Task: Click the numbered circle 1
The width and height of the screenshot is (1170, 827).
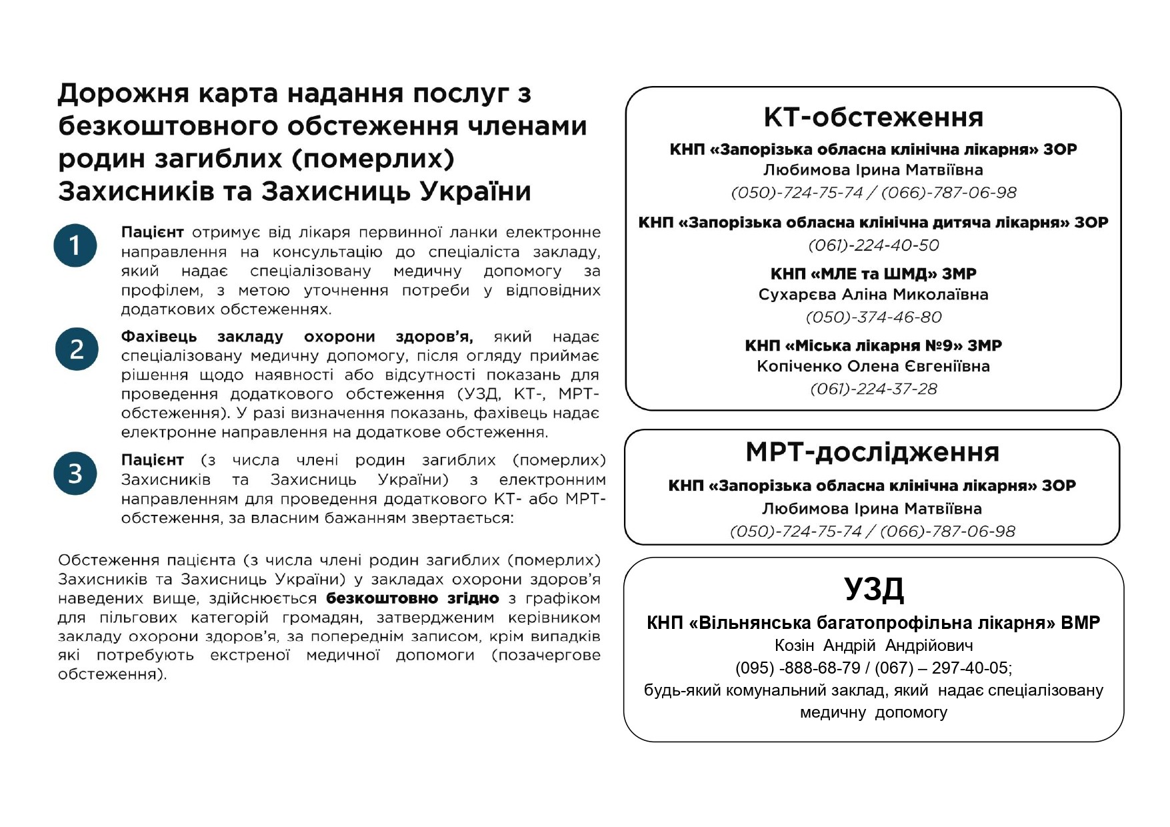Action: pos(75,245)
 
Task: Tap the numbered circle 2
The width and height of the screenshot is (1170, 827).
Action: pos(77,349)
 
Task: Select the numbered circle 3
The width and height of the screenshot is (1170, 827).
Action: pos(75,474)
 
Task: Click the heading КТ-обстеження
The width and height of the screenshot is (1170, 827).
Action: pos(873,117)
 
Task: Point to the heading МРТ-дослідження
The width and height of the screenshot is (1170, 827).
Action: pos(873,452)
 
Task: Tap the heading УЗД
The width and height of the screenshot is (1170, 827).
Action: pos(873,589)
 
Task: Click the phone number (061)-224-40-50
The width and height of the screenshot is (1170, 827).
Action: pos(873,245)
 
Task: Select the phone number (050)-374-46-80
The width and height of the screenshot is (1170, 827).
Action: pos(873,317)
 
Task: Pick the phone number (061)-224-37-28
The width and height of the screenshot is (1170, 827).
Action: pos(873,389)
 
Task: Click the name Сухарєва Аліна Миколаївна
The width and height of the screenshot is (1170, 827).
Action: pos(873,295)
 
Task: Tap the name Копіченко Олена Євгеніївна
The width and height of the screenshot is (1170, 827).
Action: pos(873,366)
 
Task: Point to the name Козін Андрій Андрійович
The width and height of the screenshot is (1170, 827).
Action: pos(873,646)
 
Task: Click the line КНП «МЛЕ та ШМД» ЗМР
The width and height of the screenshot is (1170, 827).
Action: pos(873,273)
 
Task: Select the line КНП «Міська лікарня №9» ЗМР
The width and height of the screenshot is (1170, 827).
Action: pos(873,345)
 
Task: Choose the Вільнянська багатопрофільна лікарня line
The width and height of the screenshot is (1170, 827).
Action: pos(873,623)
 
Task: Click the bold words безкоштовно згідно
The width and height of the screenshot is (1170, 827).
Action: pos(412,598)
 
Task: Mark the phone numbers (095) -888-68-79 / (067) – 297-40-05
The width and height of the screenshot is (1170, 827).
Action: pos(873,668)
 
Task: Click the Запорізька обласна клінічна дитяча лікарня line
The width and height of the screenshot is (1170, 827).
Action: pos(873,223)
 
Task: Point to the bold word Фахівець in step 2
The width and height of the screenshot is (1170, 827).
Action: pos(159,337)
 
